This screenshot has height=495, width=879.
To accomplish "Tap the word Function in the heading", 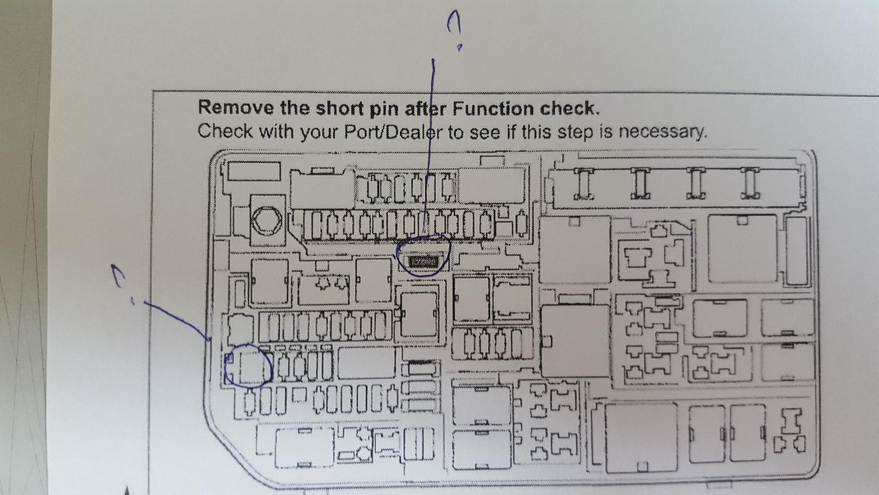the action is (x=493, y=108).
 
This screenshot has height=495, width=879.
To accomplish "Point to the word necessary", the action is (x=663, y=132).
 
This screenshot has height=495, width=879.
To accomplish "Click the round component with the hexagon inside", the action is (x=267, y=220).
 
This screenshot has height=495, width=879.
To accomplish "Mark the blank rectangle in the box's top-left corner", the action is (x=254, y=171).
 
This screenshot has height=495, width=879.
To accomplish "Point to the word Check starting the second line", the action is (x=225, y=131).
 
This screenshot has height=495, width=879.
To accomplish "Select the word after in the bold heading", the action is (x=426, y=108).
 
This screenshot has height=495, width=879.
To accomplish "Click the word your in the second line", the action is (x=319, y=133).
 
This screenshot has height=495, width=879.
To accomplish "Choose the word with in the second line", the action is (x=277, y=131).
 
